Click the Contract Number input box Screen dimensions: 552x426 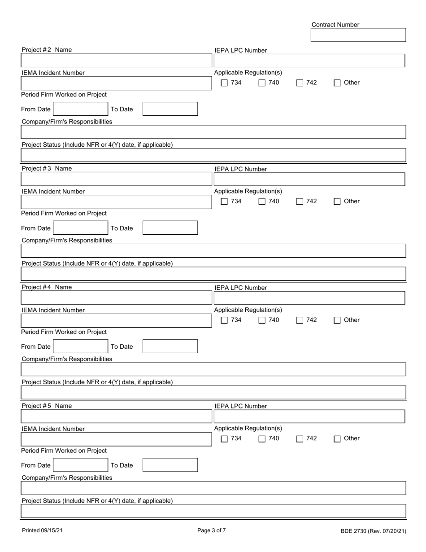[x=358, y=35]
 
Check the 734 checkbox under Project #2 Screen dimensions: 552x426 [x=225, y=83]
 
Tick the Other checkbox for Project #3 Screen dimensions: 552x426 [x=338, y=202]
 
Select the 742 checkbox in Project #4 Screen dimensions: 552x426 [x=300, y=320]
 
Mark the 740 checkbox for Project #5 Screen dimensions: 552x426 [x=262, y=439]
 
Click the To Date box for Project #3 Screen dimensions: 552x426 [x=170, y=228]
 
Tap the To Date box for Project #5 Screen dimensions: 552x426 [x=170, y=465]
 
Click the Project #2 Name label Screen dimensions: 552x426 [x=47, y=50]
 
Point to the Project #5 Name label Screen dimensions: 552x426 [x=47, y=406]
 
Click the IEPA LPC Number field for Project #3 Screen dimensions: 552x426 [x=309, y=180]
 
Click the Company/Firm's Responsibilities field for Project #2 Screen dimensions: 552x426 [x=213, y=132]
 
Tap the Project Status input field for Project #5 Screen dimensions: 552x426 [x=213, y=511]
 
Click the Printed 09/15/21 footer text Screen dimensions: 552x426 [x=43, y=530]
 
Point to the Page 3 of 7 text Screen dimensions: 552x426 [x=212, y=530]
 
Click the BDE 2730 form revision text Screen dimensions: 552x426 [x=373, y=531]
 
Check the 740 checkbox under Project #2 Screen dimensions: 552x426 [x=262, y=83]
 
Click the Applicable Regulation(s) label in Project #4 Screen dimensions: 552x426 [x=248, y=310]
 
